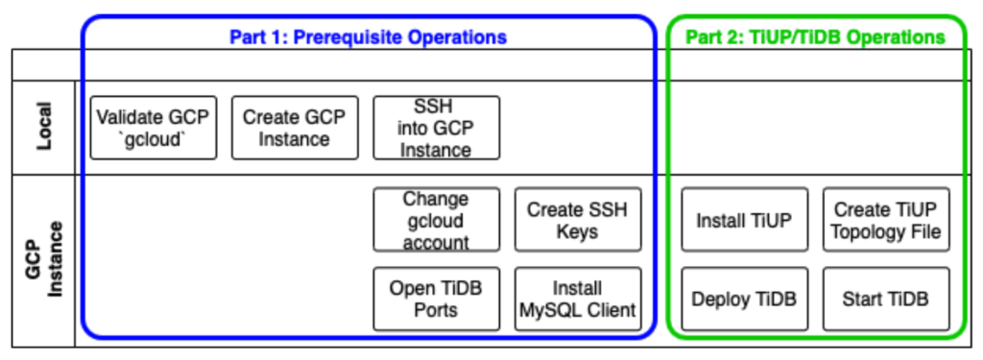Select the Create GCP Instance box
(295, 128)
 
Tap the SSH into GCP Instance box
(436, 128)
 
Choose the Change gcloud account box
(436, 220)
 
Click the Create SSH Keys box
(577, 220)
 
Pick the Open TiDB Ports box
(436, 299)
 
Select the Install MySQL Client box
(577, 299)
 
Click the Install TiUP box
(744, 220)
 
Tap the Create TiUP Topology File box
(886, 220)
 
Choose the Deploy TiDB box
(744, 299)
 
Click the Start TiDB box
(886, 299)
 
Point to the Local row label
(42, 128)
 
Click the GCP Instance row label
(42, 259)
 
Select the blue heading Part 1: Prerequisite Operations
(368, 37)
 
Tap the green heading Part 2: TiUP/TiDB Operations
(815, 37)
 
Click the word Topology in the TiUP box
(871, 231)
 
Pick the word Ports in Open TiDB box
(436, 310)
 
